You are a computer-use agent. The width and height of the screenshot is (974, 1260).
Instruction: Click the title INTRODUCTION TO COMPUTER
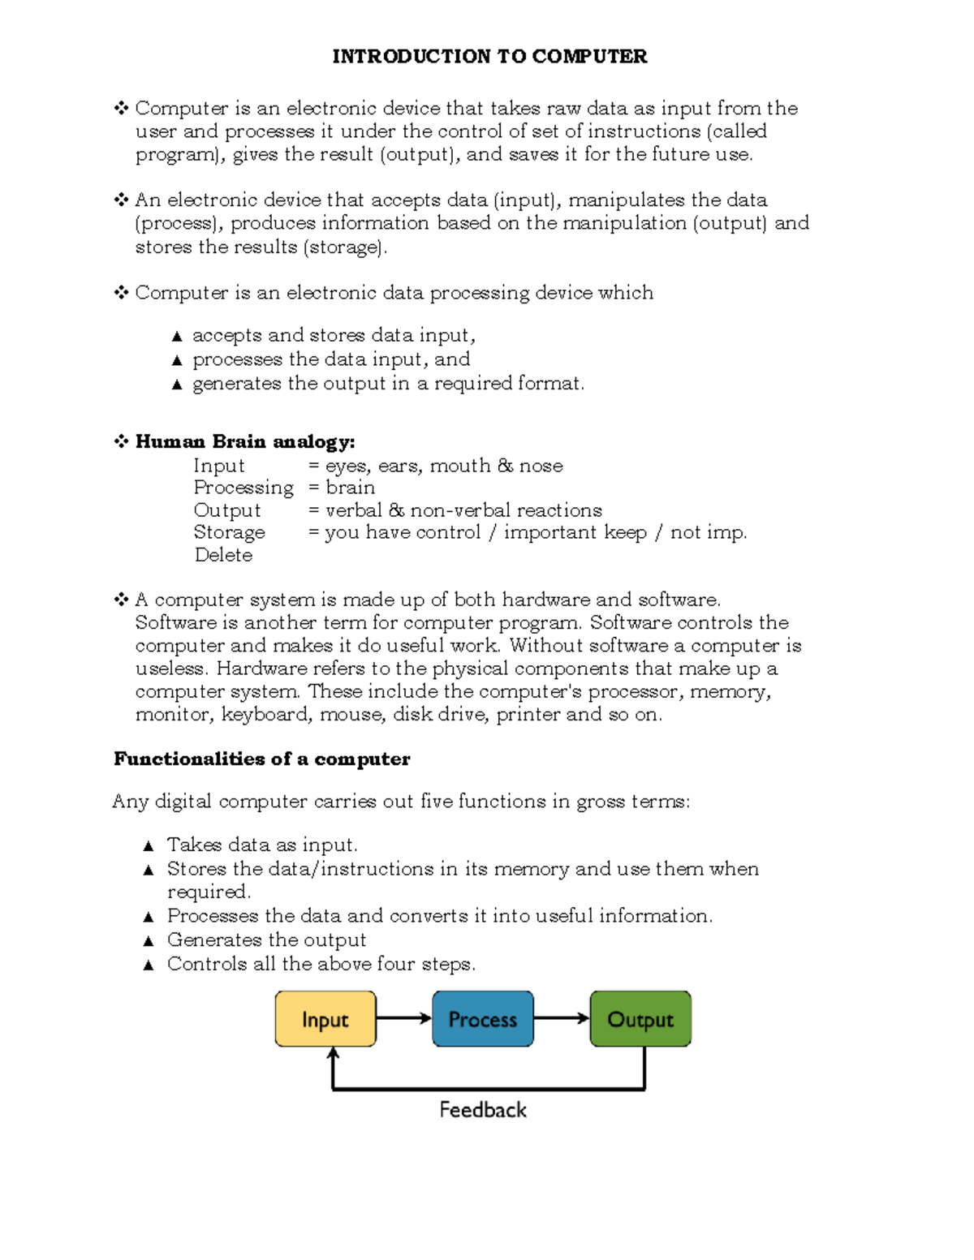[x=489, y=57]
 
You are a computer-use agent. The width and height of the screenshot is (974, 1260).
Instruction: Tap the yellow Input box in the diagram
[x=325, y=1019]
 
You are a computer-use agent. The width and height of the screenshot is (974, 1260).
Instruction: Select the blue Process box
[x=483, y=1019]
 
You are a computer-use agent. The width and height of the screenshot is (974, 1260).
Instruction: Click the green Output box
[x=640, y=1019]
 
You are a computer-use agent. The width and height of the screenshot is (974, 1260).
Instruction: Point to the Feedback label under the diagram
[x=483, y=1110]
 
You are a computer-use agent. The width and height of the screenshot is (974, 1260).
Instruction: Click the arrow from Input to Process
[x=403, y=1018]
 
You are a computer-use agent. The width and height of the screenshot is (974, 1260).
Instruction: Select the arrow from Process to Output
[x=562, y=1018]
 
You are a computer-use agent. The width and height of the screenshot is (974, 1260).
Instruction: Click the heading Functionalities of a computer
[x=261, y=759]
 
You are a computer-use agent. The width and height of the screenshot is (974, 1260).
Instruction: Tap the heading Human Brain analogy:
[x=244, y=442]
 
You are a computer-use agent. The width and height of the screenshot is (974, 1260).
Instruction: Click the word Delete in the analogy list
[x=223, y=555]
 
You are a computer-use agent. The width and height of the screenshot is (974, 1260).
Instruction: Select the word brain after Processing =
[x=350, y=488]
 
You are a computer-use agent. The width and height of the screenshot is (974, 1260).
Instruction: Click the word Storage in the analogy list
[x=229, y=532]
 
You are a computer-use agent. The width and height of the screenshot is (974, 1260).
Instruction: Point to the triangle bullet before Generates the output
[x=148, y=941]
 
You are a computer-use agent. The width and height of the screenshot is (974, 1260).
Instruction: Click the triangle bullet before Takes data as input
[x=148, y=846]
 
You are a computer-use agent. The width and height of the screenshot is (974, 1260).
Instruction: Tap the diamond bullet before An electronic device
[x=121, y=200]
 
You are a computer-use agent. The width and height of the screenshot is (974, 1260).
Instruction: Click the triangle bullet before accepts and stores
[x=177, y=337]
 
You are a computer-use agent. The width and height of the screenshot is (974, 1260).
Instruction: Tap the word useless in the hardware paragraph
[x=171, y=669]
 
